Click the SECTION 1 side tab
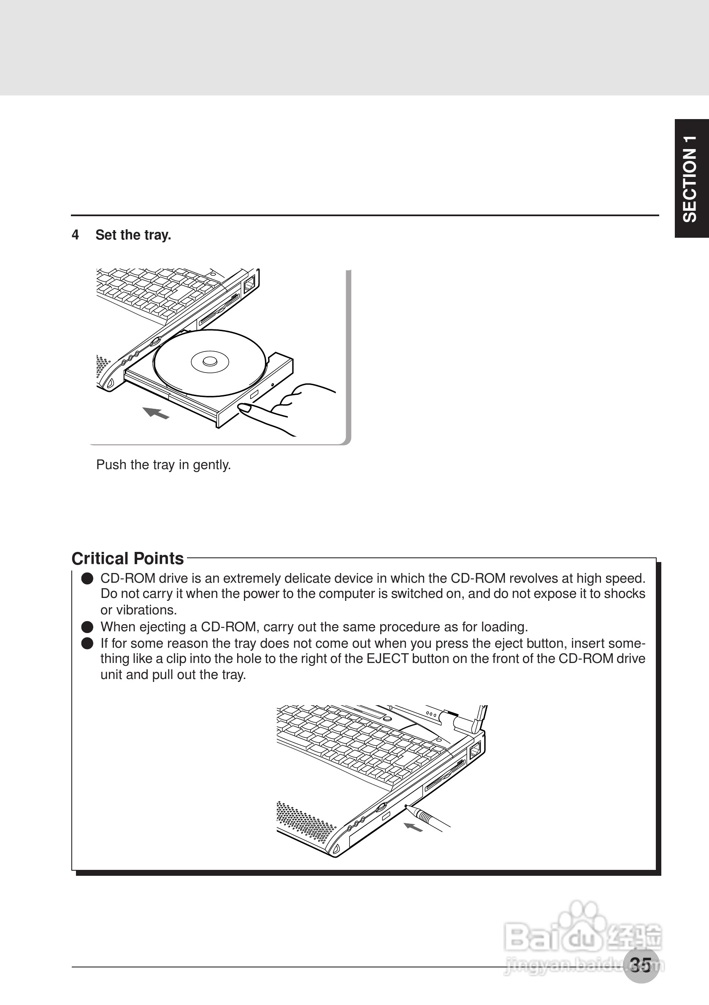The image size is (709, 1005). (691, 179)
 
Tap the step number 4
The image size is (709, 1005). (75, 235)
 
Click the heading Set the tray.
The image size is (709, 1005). (133, 235)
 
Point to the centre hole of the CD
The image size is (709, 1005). (210, 361)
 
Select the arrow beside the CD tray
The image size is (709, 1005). (156, 412)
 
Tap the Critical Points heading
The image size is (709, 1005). (128, 559)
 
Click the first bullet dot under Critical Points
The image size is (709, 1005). (87, 579)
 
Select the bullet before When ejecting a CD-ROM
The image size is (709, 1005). (87, 627)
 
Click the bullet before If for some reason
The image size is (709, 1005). (87, 644)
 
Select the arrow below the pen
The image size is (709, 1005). (413, 827)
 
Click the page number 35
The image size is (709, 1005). (641, 965)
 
